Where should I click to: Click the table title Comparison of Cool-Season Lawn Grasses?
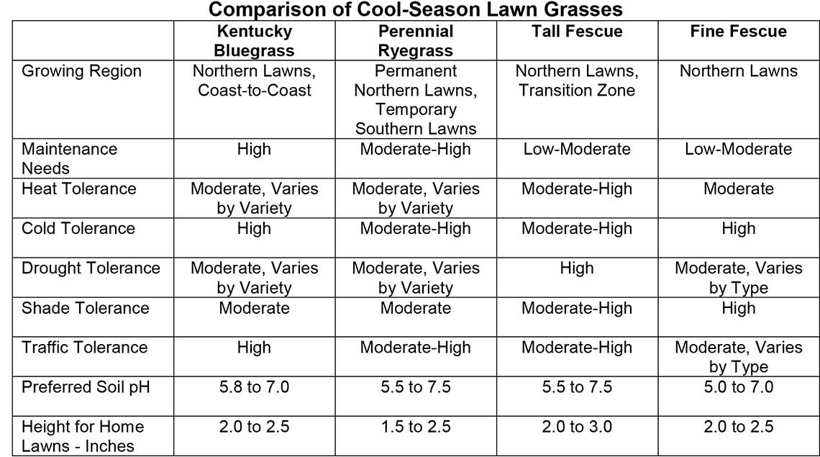pyautogui.click(x=415, y=10)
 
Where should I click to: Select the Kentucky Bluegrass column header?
pyautogui.click(x=254, y=41)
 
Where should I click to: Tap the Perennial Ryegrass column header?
pyautogui.click(x=415, y=41)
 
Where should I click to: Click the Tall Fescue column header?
pyautogui.click(x=577, y=32)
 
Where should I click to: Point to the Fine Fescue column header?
pyautogui.click(x=738, y=32)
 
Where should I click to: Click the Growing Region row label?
pyautogui.click(x=81, y=71)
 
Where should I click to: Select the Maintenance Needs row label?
pyautogui.click(x=69, y=158)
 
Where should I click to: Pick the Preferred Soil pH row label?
pyautogui.click(x=86, y=387)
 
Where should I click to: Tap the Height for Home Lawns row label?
pyautogui.click(x=83, y=436)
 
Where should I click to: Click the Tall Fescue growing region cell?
pyautogui.click(x=577, y=81)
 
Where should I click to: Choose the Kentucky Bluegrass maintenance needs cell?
pyautogui.click(x=254, y=149)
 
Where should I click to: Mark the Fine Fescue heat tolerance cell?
pyautogui.click(x=738, y=189)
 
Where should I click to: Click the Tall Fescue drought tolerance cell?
pyautogui.click(x=577, y=268)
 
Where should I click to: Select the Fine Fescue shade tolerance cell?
pyautogui.click(x=738, y=308)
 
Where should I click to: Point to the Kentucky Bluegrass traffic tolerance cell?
pyautogui.click(x=254, y=348)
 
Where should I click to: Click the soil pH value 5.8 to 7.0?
pyautogui.click(x=254, y=387)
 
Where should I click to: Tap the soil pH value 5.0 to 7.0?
pyautogui.click(x=738, y=387)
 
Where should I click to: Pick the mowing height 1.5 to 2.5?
pyautogui.click(x=415, y=427)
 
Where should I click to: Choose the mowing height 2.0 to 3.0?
pyautogui.click(x=577, y=427)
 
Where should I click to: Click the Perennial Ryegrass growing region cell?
pyautogui.click(x=415, y=100)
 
